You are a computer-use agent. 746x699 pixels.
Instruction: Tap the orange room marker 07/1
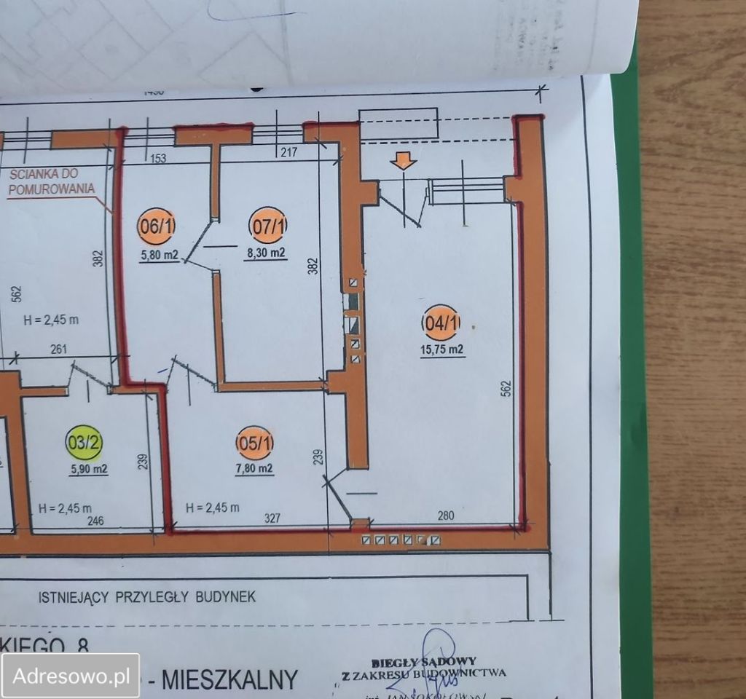[x=267, y=226]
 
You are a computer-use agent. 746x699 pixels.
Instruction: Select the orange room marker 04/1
[x=441, y=323]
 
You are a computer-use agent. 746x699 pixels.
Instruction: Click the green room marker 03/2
[x=85, y=442]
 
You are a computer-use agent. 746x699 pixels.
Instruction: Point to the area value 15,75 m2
[x=442, y=349]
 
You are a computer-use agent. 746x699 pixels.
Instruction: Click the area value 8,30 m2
[x=265, y=253]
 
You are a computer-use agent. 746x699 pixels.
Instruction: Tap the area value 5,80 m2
[x=159, y=255]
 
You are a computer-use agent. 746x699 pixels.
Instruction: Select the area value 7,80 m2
[x=254, y=469]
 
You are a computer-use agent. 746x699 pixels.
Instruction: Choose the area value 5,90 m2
[x=88, y=470]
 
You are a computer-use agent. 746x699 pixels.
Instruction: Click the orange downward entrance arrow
[x=403, y=162]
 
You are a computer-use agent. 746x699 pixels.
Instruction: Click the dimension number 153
[x=157, y=159]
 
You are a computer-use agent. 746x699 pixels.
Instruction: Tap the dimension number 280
[x=446, y=516]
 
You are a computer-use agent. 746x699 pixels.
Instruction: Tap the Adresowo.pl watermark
[x=71, y=674]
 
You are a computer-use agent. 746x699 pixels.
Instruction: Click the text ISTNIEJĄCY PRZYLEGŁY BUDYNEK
[x=146, y=597]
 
